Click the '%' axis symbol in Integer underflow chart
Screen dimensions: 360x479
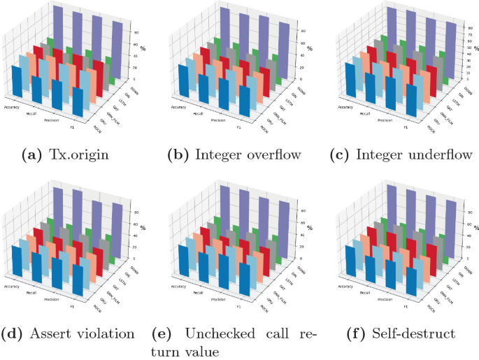(x=475, y=48)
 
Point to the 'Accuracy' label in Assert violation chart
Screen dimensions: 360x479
(x=13, y=286)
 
